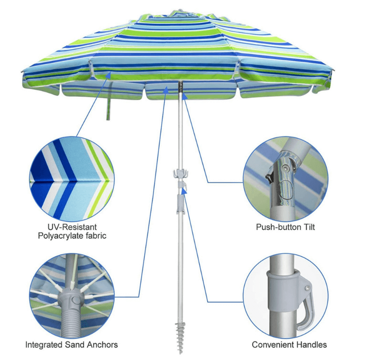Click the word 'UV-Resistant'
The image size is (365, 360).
72,227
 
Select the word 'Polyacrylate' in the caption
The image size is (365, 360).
61,236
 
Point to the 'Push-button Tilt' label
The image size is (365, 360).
286,227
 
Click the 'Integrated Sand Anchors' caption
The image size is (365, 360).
71,344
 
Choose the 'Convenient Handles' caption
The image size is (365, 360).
290,344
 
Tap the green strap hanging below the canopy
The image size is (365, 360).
107,109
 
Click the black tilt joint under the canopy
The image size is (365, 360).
181,87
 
